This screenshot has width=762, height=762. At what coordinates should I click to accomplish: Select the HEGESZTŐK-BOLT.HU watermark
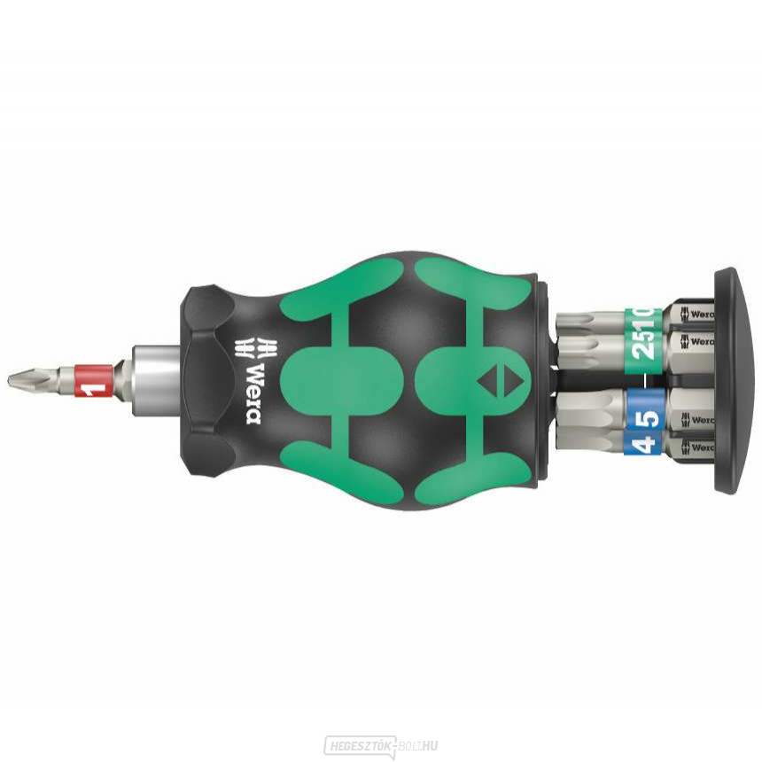coord(380,745)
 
